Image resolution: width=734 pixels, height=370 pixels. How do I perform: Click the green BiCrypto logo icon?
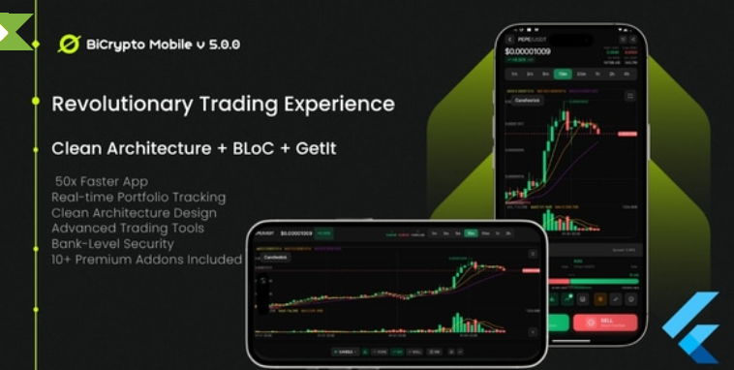point(69,44)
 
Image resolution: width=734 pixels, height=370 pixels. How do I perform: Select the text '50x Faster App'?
point(103,181)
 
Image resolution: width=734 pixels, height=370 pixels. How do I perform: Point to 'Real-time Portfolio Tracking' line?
point(138,197)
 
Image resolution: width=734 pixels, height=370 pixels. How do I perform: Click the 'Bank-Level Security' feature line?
point(113,244)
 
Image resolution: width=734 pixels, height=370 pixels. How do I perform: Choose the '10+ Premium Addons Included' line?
point(146,260)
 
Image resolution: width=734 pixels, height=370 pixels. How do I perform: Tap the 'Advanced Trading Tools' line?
point(127,229)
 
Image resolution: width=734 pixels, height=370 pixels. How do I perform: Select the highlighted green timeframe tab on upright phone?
point(563,74)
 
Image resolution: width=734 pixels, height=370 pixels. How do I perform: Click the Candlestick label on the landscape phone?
point(276,258)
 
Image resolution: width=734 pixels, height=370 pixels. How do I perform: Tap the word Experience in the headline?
point(338,103)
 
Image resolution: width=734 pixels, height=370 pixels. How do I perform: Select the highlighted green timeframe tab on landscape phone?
point(471,233)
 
